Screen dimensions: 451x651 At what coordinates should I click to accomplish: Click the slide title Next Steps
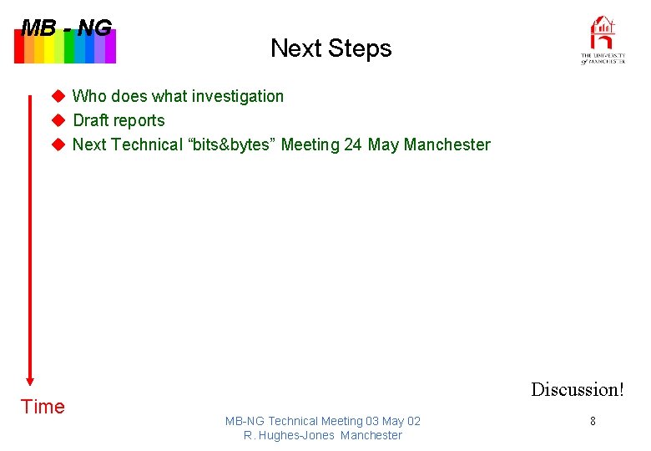tap(331, 48)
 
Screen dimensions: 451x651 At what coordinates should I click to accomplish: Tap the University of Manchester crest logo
tap(603, 39)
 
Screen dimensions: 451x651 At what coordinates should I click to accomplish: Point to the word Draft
tap(92, 120)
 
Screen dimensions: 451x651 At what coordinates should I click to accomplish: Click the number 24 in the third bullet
tap(353, 144)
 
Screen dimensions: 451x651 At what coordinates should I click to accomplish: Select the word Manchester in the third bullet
tap(447, 144)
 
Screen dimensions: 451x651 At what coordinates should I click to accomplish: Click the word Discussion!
tap(577, 389)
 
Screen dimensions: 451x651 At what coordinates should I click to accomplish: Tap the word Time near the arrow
tap(43, 407)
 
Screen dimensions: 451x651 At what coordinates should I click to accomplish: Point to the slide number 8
tap(593, 422)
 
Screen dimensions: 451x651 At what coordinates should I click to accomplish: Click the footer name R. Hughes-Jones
tap(290, 435)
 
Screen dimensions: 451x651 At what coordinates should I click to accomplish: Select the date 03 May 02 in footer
tap(393, 421)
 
